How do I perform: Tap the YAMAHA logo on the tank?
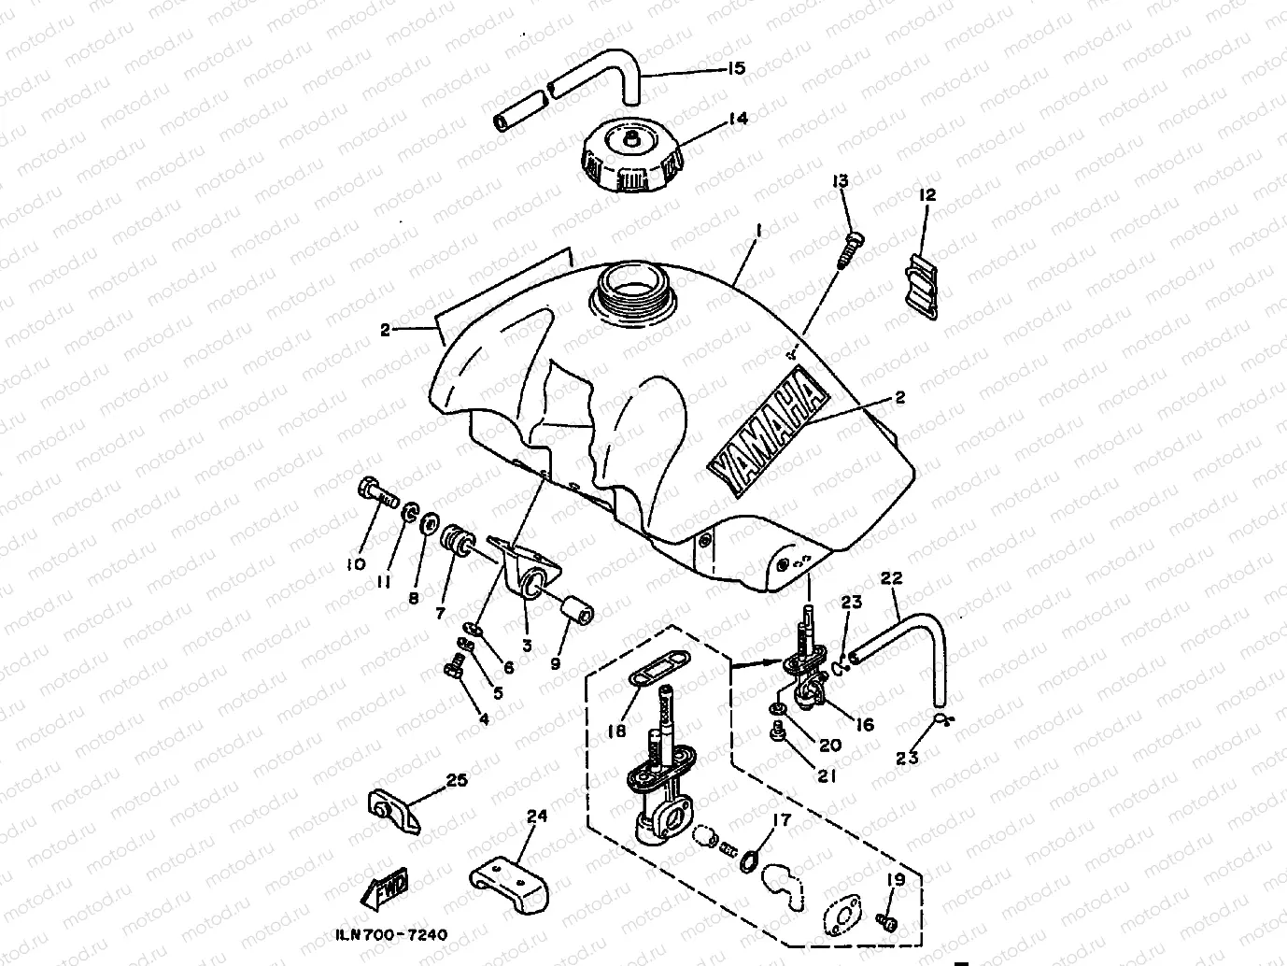pos(769,429)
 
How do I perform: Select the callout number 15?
pos(736,68)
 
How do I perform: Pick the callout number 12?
pos(926,195)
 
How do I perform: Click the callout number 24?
pos(536,816)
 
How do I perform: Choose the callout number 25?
pos(456,780)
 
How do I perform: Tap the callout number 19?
pos(895,879)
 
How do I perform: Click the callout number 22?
pos(891,579)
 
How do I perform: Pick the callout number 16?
pos(865,724)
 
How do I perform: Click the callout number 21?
pos(827,774)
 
